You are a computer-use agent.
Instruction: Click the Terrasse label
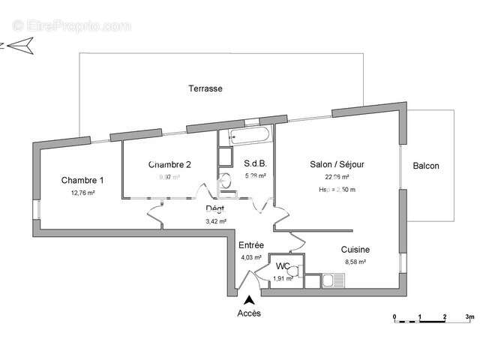[205, 88]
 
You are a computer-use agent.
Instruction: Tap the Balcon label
[426, 166]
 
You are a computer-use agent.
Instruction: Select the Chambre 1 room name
[82, 180]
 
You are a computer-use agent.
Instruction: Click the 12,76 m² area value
[82, 193]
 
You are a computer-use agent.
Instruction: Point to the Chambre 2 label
[169, 164]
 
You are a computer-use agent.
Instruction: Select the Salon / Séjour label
[337, 163]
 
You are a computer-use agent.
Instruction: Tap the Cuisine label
[355, 250]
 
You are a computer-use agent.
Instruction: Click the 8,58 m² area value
[355, 262]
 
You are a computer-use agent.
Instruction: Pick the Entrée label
[250, 245]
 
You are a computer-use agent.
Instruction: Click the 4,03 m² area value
[250, 258]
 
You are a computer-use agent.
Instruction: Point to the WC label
[283, 266]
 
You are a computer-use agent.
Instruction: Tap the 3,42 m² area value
[216, 222]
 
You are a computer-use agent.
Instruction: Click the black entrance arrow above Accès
[249, 299]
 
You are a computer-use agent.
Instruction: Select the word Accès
[249, 313]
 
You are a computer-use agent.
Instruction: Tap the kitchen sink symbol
[333, 281]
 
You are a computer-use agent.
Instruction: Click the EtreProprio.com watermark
[72, 25]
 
